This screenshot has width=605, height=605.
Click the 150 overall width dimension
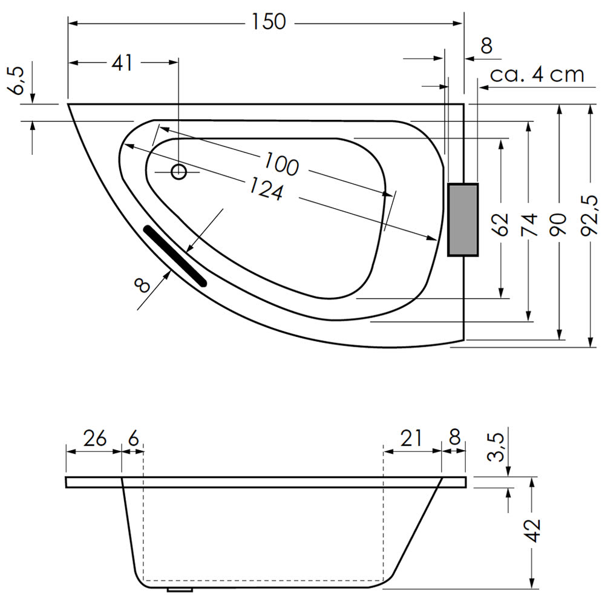pyautogui.click(x=269, y=22)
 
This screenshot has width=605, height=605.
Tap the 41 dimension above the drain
pyautogui.click(x=122, y=62)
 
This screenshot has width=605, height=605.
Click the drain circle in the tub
pyautogui.click(x=178, y=172)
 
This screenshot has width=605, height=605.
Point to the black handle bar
pyautogui.click(x=175, y=256)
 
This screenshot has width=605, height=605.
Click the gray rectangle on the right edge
pyautogui.click(x=463, y=220)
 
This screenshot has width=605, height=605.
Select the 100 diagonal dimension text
pyautogui.click(x=282, y=164)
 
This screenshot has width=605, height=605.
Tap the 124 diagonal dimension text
pyautogui.click(x=266, y=188)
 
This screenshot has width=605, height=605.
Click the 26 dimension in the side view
pyautogui.click(x=94, y=439)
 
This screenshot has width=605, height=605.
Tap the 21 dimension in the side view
pyautogui.click(x=411, y=438)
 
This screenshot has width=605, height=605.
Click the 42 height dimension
pyautogui.click(x=533, y=531)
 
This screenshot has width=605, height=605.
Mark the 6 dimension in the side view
pyautogui.click(x=133, y=439)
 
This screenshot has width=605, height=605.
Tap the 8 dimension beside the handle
pyautogui.click(x=142, y=286)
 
